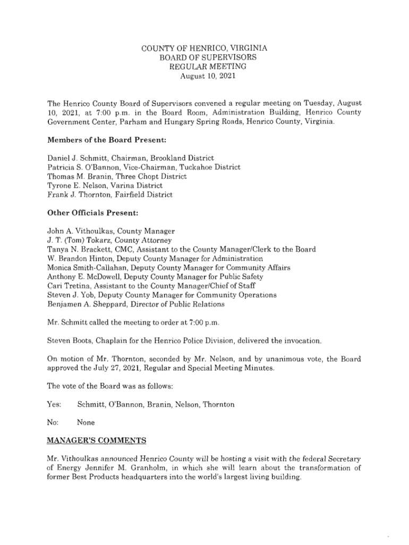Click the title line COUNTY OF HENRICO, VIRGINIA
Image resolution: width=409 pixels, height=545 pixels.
204,48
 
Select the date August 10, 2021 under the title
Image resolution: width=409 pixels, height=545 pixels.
204,76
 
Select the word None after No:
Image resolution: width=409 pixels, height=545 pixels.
86,423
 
